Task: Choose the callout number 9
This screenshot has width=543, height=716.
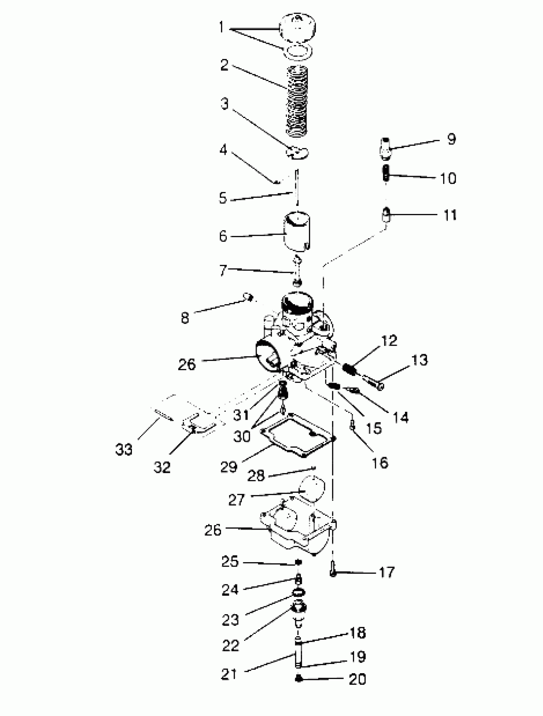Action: tap(451, 139)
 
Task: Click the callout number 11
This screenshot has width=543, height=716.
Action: tap(450, 215)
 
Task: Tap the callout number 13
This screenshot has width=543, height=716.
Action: tap(419, 360)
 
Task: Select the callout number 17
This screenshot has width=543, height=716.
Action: tap(386, 572)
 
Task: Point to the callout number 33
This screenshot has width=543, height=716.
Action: tap(124, 449)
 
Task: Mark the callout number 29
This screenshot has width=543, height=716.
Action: tap(229, 467)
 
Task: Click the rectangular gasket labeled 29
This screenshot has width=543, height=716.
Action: tap(298, 435)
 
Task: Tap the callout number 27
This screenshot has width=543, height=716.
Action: tap(237, 500)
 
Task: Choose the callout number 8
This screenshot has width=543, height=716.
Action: tap(185, 318)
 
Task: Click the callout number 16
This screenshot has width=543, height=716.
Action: tap(380, 463)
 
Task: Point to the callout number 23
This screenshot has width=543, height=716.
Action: tap(230, 620)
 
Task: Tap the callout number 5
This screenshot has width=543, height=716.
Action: tap(223, 198)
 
